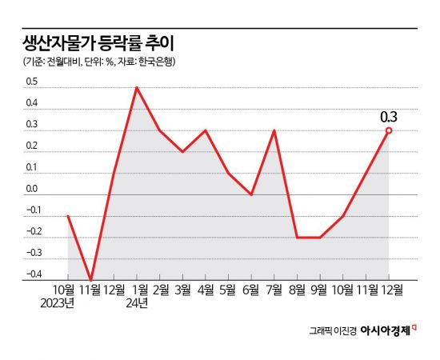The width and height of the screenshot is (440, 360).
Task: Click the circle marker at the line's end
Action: pos(389,130)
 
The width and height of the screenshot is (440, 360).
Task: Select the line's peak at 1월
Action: pos(137,87)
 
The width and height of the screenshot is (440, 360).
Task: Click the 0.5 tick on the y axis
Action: pos(32,82)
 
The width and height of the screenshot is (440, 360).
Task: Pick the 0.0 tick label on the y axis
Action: pos(32,189)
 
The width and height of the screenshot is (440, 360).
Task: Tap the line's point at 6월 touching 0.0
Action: pos(251,194)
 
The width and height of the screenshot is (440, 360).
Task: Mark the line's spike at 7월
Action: pos(274,130)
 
